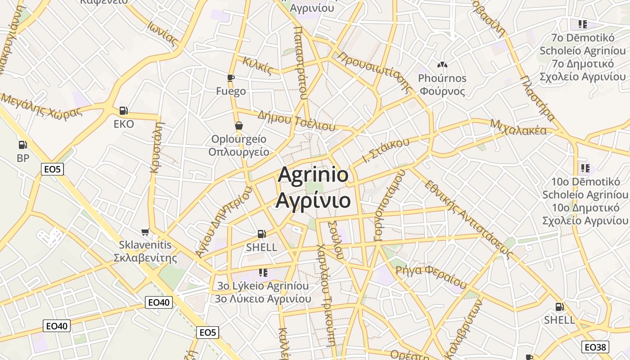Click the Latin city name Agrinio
pyautogui.click(x=313, y=175)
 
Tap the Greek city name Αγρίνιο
pyautogui.click(x=313, y=200)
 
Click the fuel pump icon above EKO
pyautogui.click(x=123, y=110)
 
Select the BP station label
pyautogui.click(x=23, y=158)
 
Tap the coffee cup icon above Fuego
pyautogui.click(x=231, y=78)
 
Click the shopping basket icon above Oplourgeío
pyautogui.click(x=238, y=125)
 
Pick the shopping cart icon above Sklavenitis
pyautogui.click(x=145, y=232)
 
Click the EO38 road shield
pyautogui.click(x=595, y=347)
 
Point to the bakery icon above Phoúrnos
pyautogui.click(x=442, y=65)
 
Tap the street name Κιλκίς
pyautogui.click(x=257, y=65)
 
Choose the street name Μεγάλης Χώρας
pyautogui.click(x=41, y=105)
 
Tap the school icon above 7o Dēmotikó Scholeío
pyautogui.click(x=583, y=24)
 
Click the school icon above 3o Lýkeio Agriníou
pyautogui.click(x=263, y=272)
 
